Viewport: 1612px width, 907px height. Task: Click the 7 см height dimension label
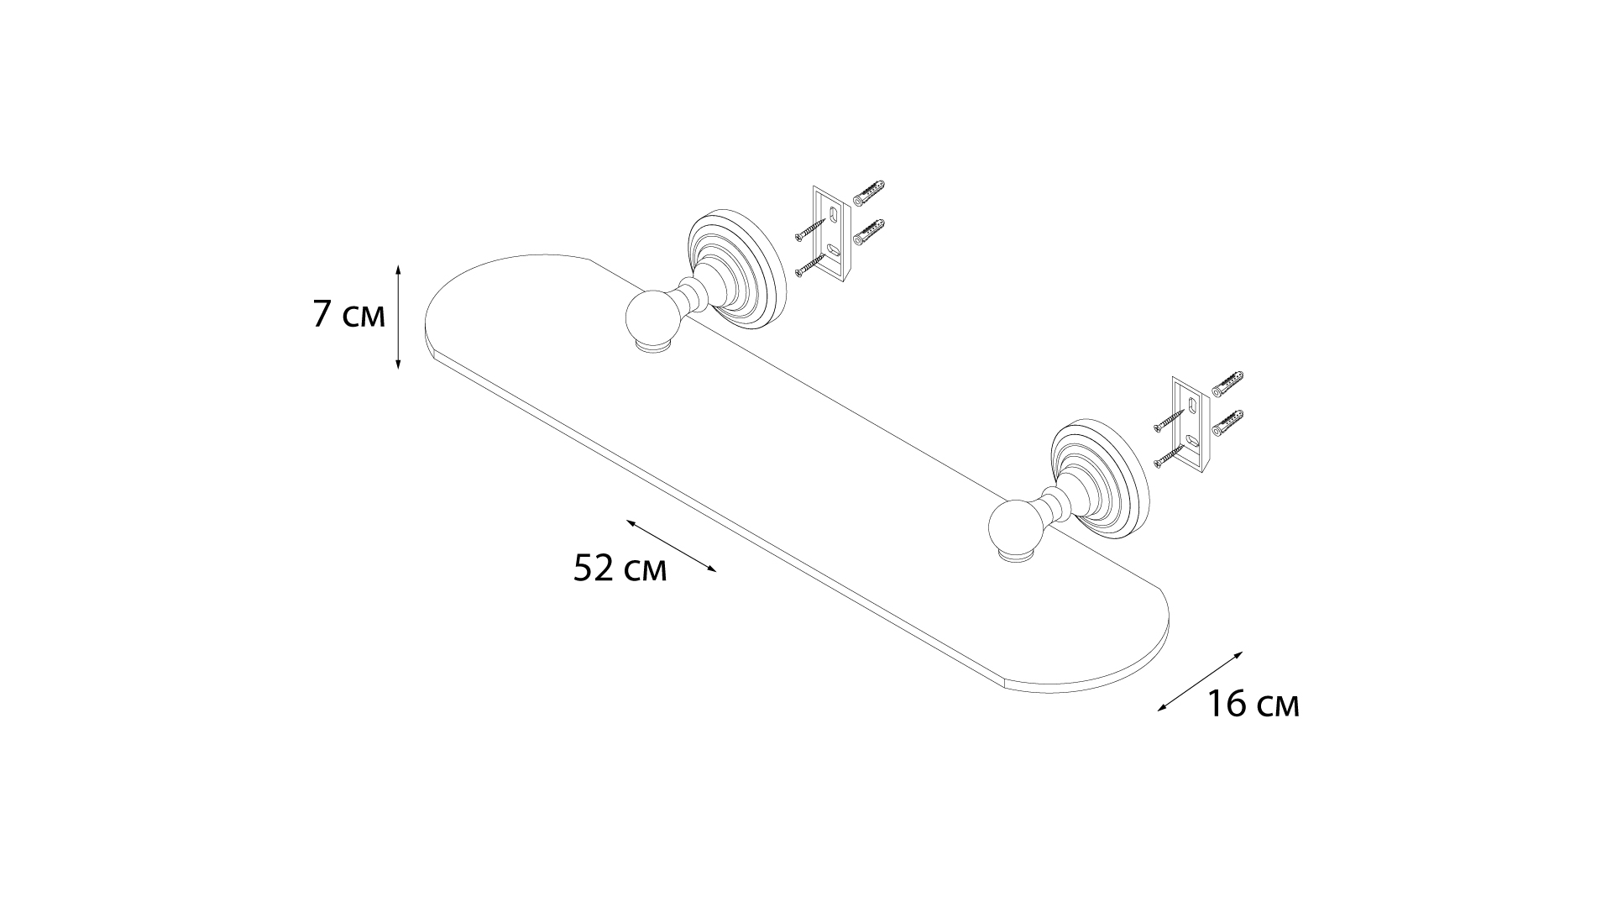(349, 315)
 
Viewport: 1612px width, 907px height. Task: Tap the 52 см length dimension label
(620, 569)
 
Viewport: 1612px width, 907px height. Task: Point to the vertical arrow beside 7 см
(398, 316)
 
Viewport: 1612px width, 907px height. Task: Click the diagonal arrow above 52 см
(672, 546)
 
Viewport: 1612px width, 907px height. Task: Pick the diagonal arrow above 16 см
(1200, 681)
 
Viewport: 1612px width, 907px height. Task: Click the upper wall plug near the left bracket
(869, 192)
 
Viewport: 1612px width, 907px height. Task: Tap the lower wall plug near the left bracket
(869, 232)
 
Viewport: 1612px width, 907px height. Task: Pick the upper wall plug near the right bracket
(1227, 384)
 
